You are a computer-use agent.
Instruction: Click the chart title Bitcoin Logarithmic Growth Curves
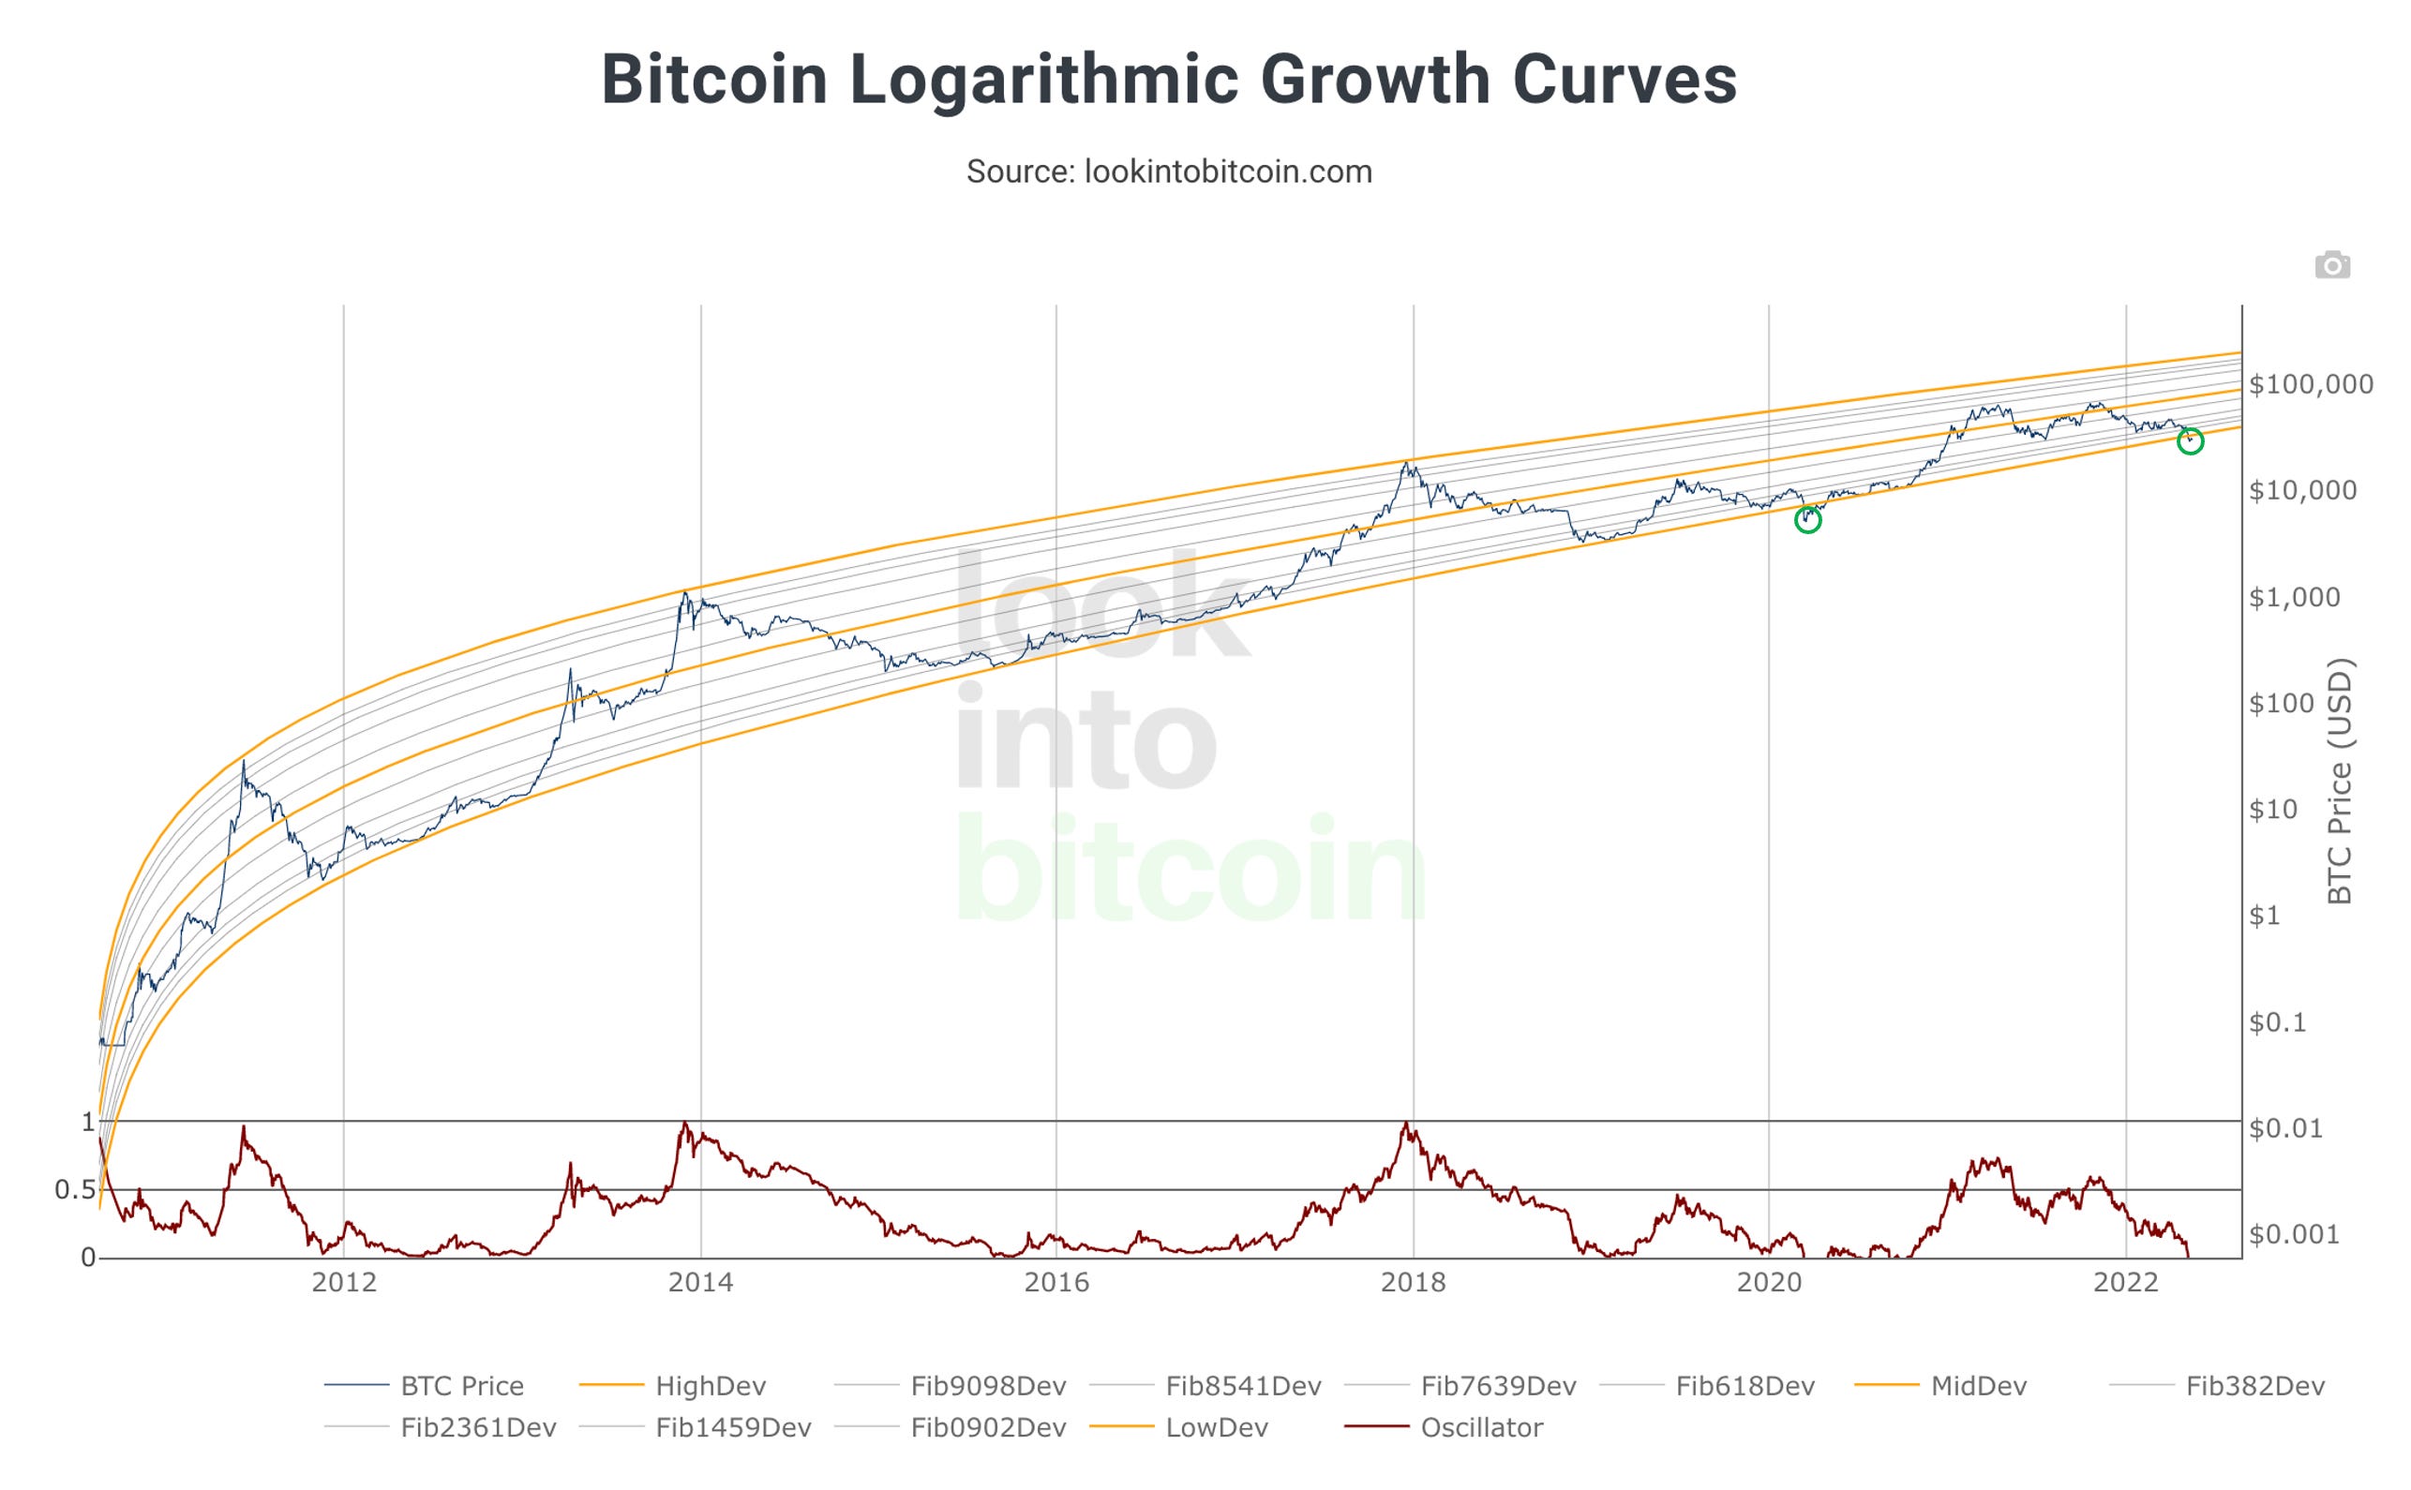pyautogui.click(x=1168, y=80)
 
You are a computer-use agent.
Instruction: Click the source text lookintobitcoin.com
pyautogui.click(x=1168, y=171)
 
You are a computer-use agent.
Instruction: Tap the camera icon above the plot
pyautogui.click(x=2332, y=265)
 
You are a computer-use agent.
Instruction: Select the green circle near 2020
pyautogui.click(x=1806, y=519)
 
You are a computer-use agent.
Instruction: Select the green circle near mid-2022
pyautogui.click(x=2190, y=441)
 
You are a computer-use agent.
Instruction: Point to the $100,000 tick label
pyautogui.click(x=2311, y=384)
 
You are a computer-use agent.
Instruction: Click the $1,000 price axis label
pyautogui.click(x=2294, y=597)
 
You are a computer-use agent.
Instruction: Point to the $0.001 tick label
pyautogui.click(x=2294, y=1235)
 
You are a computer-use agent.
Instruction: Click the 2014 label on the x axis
pyautogui.click(x=700, y=1283)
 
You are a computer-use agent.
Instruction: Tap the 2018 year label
pyautogui.click(x=1413, y=1283)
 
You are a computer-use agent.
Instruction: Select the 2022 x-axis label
pyautogui.click(x=2126, y=1283)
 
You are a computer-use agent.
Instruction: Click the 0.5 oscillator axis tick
pyautogui.click(x=75, y=1190)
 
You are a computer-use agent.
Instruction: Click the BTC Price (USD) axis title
pyautogui.click(x=2339, y=781)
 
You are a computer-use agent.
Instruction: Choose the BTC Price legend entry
pyautogui.click(x=461, y=1387)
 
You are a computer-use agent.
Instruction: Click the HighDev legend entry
pyautogui.click(x=710, y=1387)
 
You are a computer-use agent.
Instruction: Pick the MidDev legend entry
pyautogui.click(x=1977, y=1387)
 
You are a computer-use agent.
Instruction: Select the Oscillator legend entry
pyautogui.click(x=1480, y=1428)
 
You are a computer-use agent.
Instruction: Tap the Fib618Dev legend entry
pyautogui.click(x=1744, y=1387)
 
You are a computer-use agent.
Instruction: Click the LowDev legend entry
pyautogui.click(x=1216, y=1428)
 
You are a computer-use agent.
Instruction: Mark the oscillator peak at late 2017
pyautogui.click(x=1405, y=1124)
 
